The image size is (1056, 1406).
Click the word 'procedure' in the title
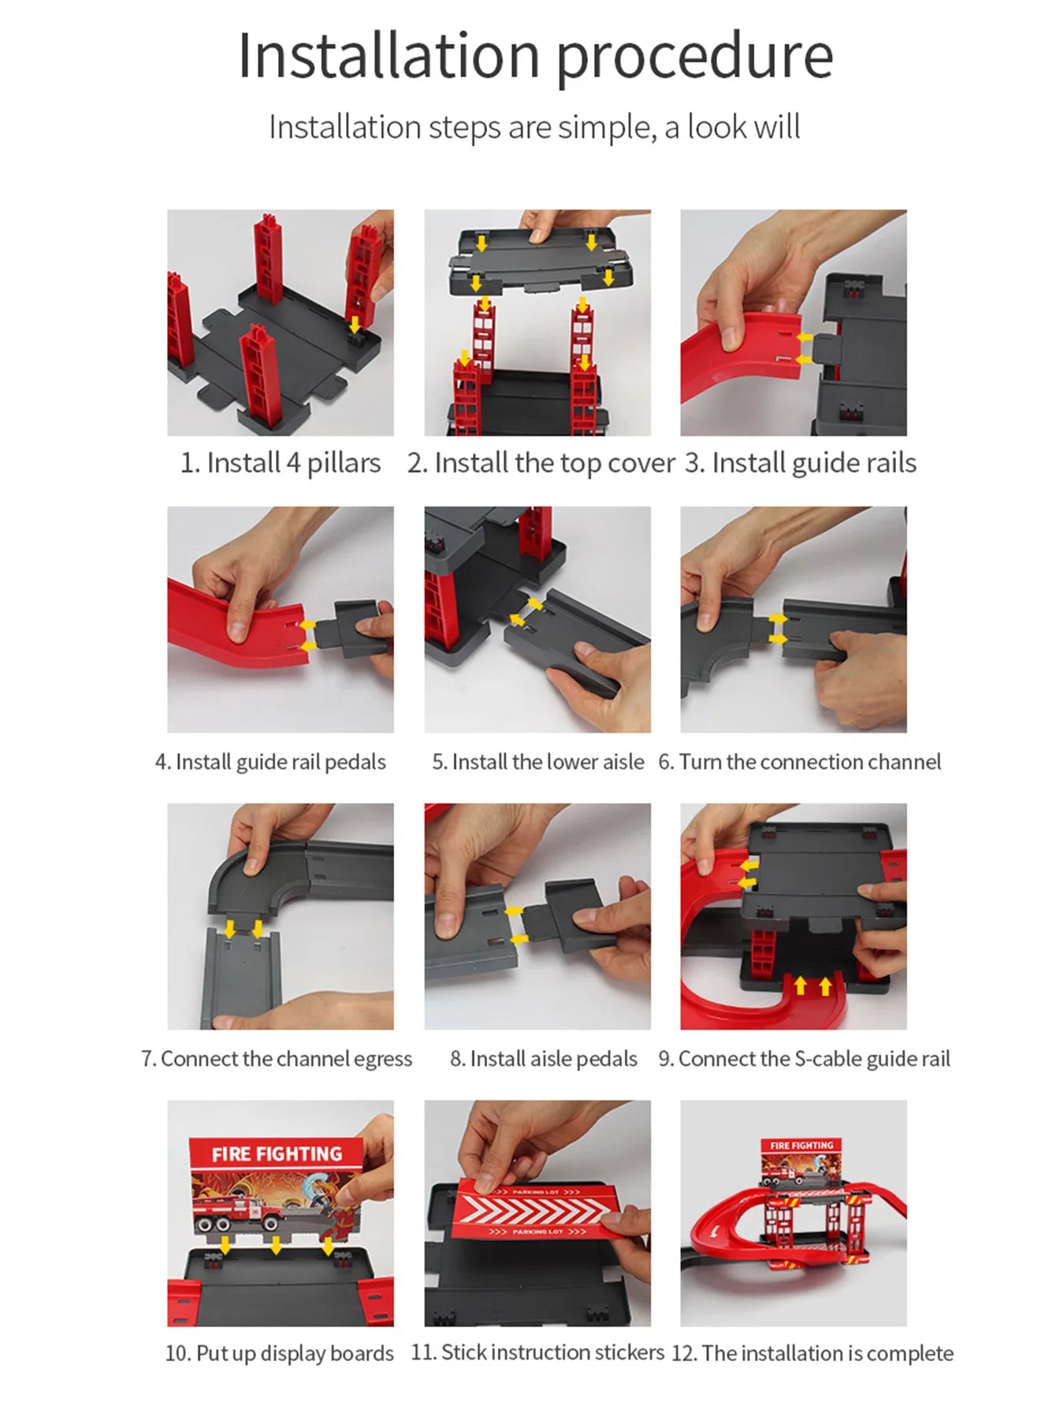[x=694, y=57]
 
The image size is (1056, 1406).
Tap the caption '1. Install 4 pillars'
[x=281, y=463]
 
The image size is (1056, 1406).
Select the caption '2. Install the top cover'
[x=541, y=463]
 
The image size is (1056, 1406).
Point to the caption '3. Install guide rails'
[x=800, y=463]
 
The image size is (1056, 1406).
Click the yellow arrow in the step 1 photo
[x=355, y=324]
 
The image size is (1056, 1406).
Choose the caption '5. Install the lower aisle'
[x=537, y=762]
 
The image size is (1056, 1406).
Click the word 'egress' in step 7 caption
[x=382, y=1059]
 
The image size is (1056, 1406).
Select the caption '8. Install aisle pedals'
[x=543, y=1059]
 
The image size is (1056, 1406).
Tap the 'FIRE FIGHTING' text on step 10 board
[x=277, y=1154]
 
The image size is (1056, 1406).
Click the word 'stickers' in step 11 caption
[x=630, y=1352]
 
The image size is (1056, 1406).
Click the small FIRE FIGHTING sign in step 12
[x=801, y=1146]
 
